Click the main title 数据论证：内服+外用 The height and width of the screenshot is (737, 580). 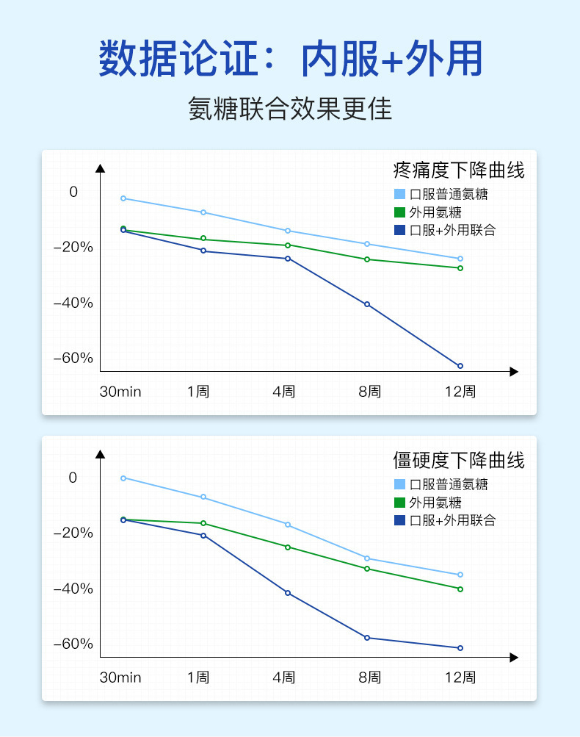(x=290, y=59)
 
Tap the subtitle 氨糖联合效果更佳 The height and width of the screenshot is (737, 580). (x=290, y=109)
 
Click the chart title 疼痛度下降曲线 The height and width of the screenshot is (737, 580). (x=459, y=171)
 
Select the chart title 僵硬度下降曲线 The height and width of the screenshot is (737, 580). (x=459, y=461)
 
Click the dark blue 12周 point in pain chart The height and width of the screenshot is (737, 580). (x=460, y=366)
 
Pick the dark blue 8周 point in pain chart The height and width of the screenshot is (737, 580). (x=367, y=304)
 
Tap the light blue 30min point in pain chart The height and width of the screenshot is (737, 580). (x=123, y=198)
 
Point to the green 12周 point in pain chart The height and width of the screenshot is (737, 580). (x=460, y=268)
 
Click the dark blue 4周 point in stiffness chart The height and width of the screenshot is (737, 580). (x=288, y=593)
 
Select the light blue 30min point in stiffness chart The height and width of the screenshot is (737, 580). (x=123, y=478)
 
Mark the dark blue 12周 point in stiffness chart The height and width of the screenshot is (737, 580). (x=460, y=648)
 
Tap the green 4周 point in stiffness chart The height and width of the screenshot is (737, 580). (x=288, y=547)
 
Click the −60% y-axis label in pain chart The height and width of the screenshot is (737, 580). (x=73, y=359)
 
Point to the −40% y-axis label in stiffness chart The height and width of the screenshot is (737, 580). (x=73, y=589)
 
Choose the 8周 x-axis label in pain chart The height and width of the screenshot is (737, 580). (x=370, y=392)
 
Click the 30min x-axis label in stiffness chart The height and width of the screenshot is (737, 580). (x=120, y=677)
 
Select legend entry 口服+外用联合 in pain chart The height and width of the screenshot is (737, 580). (x=452, y=231)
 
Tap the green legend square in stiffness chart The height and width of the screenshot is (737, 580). (x=399, y=503)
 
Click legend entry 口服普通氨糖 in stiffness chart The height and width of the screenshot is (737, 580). (x=448, y=485)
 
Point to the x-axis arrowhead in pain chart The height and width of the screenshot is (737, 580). (x=514, y=372)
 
